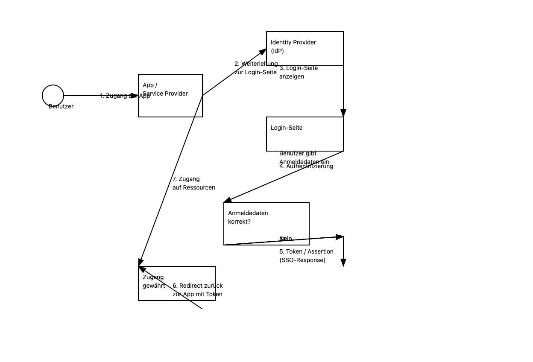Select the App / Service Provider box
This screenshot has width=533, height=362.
pyautogui.click(x=170, y=105)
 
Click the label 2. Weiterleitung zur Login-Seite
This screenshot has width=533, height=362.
pyautogui.click(x=256, y=68)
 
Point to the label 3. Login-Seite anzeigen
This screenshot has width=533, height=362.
pyautogui.click(x=299, y=72)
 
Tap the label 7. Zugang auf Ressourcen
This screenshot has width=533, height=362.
pyautogui.click(x=194, y=183)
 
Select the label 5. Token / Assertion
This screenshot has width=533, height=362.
pyautogui.click(x=306, y=251)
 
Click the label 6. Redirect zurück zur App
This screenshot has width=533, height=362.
pyautogui.click(x=198, y=290)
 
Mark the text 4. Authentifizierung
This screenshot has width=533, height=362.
pyautogui.click(x=306, y=166)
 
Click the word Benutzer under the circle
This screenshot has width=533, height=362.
pyautogui.click(x=61, y=106)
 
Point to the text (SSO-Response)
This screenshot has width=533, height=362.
pyautogui.click(x=302, y=260)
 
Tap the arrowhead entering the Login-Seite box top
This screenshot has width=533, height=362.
pyautogui.click(x=343, y=113)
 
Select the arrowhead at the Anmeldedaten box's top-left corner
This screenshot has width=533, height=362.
pyautogui.click(x=228, y=200)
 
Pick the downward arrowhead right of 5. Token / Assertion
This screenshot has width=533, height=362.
pyautogui.click(x=343, y=263)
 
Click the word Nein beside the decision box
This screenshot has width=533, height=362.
pyautogui.click(x=286, y=239)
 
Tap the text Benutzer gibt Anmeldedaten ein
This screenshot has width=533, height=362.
pyautogui.click(x=304, y=158)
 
